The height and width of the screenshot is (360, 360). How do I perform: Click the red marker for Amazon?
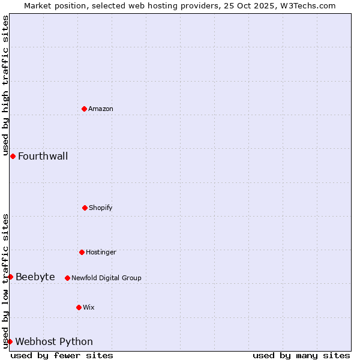84,109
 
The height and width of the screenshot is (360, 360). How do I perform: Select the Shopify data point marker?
85,208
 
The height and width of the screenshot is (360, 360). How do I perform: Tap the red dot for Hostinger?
82,252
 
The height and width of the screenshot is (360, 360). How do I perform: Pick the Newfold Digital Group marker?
67,278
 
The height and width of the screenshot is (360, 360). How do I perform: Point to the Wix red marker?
79,307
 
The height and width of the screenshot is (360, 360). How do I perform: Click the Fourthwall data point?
13,156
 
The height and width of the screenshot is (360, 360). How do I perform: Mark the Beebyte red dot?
10,277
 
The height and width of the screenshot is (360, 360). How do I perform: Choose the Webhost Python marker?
10,341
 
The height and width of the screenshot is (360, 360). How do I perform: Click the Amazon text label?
101,109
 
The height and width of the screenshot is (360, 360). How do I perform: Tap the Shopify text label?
101,208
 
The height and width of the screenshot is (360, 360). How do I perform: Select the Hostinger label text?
101,252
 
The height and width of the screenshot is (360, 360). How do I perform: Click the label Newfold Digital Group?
106,278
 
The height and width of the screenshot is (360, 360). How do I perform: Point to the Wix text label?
89,307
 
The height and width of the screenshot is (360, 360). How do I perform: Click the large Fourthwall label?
43,157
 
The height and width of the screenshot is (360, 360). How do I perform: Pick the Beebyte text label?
35,277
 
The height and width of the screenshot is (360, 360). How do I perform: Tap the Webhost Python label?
54,342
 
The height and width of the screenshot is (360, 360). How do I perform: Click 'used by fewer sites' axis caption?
62,355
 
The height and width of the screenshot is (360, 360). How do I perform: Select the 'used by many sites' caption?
301,355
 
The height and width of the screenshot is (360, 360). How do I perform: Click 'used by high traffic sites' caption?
5,86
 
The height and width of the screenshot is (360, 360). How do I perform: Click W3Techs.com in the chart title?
307,5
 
